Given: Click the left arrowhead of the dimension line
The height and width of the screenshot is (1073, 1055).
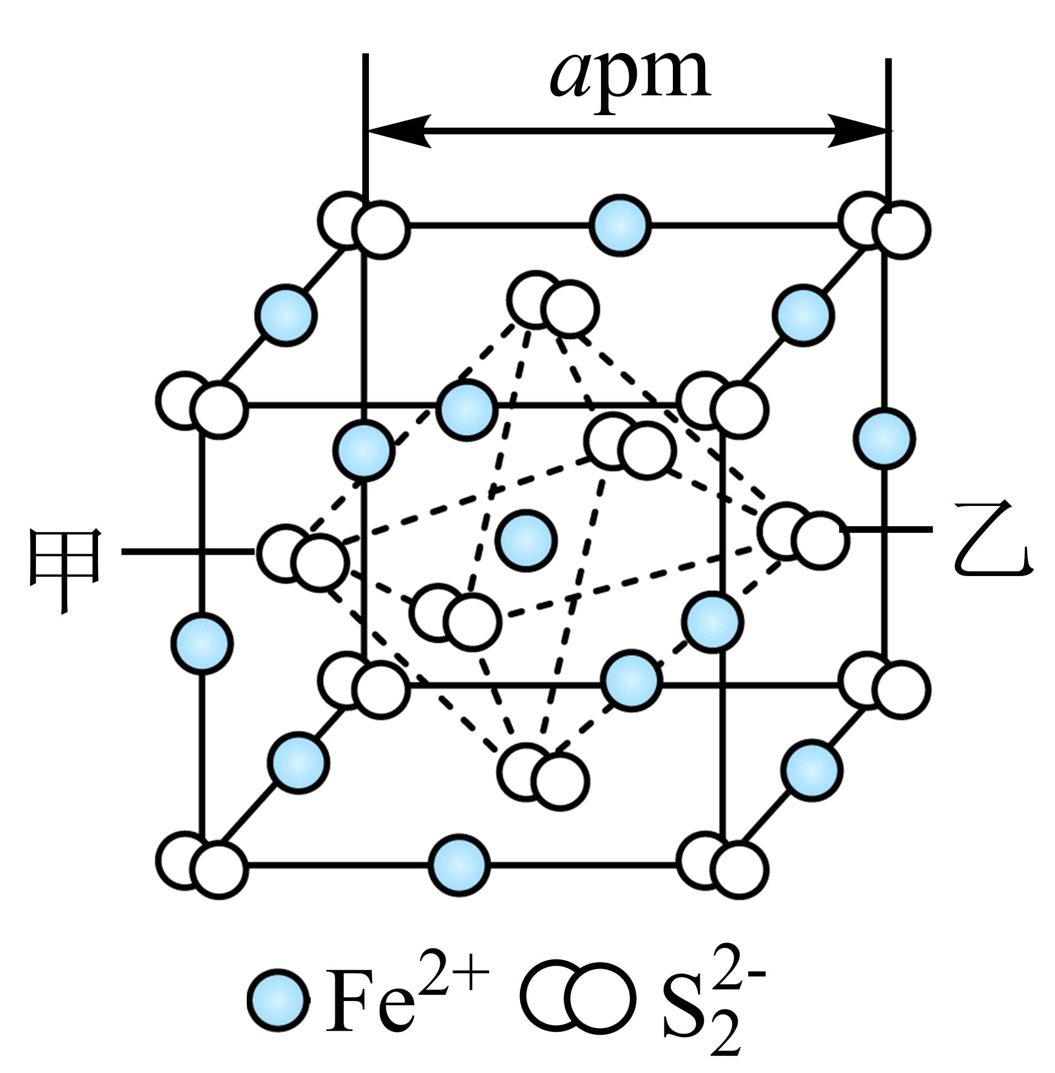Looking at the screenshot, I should click(399, 131).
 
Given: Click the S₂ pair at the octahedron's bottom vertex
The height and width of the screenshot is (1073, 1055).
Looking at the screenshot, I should click(543, 774).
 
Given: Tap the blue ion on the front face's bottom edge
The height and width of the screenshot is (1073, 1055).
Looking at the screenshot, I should click(459, 864).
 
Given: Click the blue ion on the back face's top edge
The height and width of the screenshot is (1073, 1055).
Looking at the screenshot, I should click(619, 225).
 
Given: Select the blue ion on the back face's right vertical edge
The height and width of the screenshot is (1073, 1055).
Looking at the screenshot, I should click(885, 438).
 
